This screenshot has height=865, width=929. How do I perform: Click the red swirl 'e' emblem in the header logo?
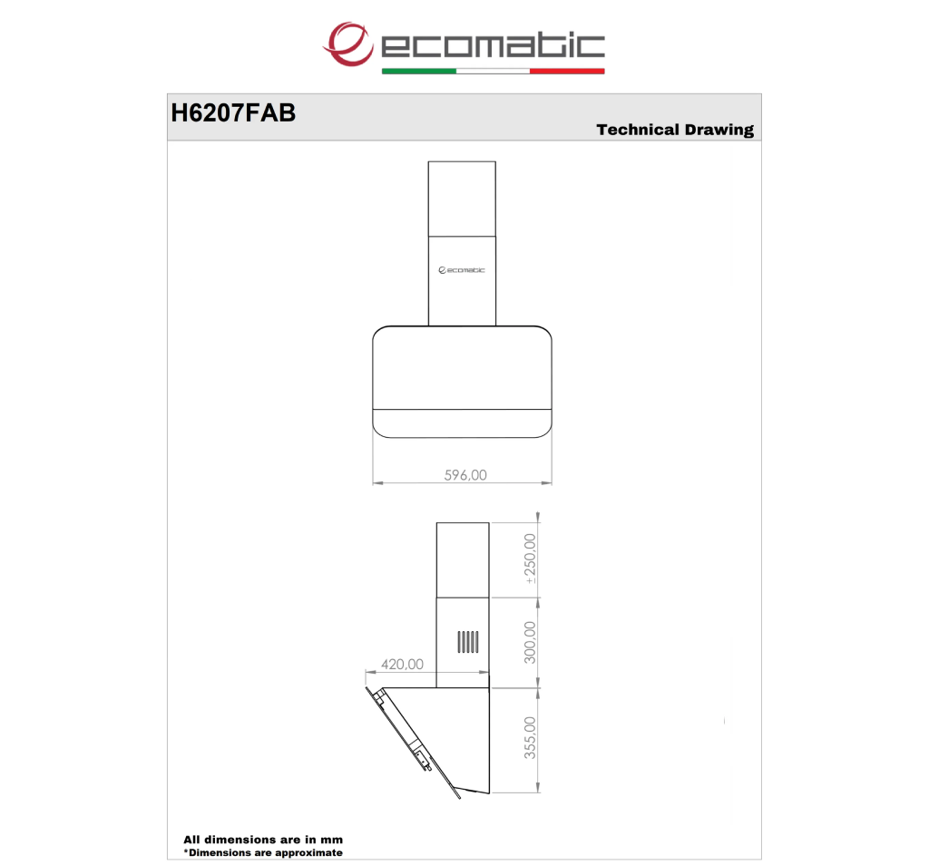[x=348, y=44]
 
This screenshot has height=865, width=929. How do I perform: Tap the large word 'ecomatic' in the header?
[x=493, y=46]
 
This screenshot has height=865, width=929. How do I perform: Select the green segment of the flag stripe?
[x=419, y=71]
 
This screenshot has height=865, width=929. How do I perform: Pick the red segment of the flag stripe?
[x=567, y=71]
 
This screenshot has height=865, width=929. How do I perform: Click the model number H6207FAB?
[x=233, y=113]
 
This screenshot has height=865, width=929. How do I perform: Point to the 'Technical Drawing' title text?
[x=675, y=130]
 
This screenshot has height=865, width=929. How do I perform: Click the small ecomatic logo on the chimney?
[x=462, y=270]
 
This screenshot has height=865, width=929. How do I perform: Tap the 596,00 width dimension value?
[x=465, y=475]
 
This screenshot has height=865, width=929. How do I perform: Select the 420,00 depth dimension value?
[x=402, y=665]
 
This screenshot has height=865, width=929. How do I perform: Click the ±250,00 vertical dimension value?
[x=530, y=559]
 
